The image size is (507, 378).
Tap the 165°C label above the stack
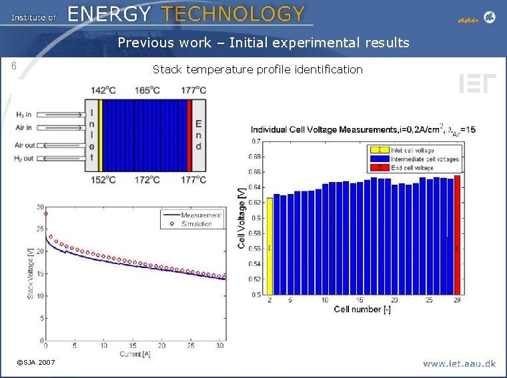pyautogui.click(x=147, y=91)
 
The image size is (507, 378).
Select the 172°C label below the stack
pyautogui.click(x=147, y=179)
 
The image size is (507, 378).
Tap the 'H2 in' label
pyautogui.click(x=23, y=115)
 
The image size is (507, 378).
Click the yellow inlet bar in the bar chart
pyautogui.click(x=270, y=246)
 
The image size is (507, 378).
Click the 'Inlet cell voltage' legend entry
pyautogui.click(x=412, y=151)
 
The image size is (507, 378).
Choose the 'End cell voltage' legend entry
pyautogui.click(x=412, y=168)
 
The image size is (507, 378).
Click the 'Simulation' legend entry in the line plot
pyautogui.click(x=196, y=224)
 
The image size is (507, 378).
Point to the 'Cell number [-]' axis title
pyautogui.click(x=362, y=309)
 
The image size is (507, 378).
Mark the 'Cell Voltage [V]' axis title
pyautogui.click(x=241, y=218)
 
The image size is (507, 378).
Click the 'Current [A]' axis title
pyautogui.click(x=135, y=354)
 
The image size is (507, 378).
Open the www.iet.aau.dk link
pyautogui.click(x=459, y=363)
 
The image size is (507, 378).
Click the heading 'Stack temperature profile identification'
pyautogui.click(x=258, y=69)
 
